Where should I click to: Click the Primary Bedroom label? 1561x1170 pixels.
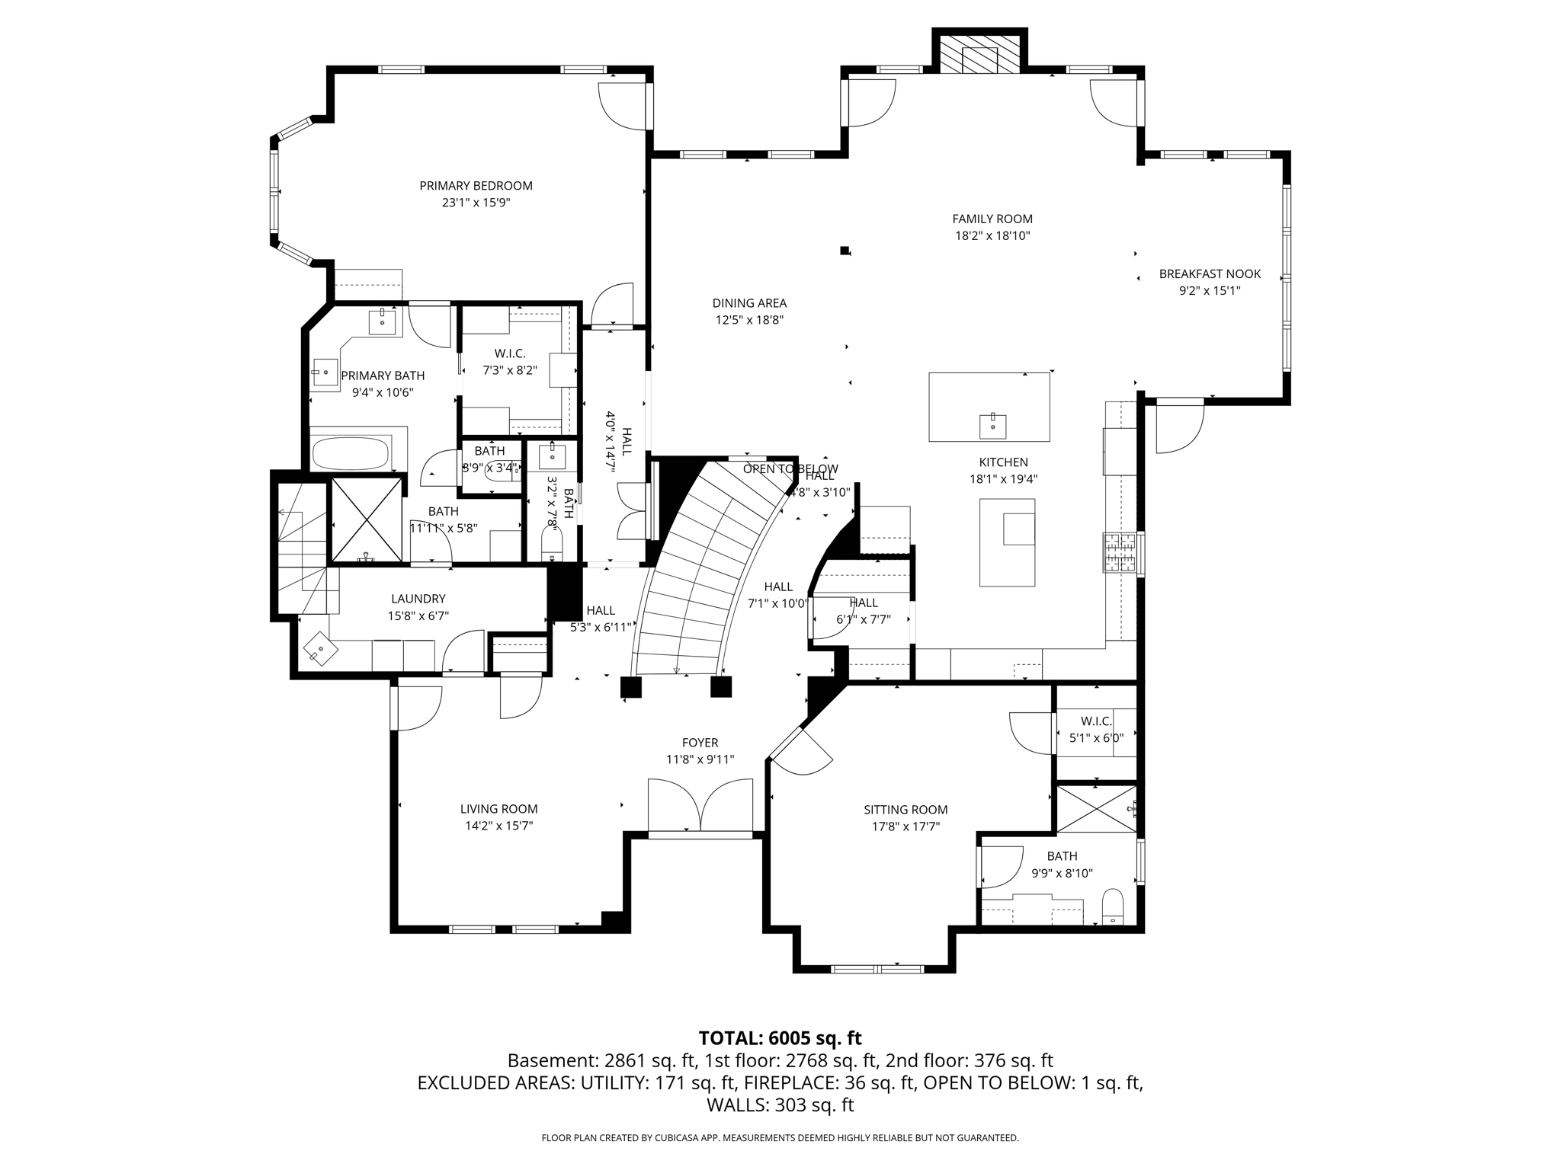pyautogui.click(x=476, y=186)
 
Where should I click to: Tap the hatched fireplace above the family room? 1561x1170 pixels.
pyautogui.click(x=979, y=54)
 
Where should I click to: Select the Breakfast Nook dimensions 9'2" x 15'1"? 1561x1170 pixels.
pyautogui.click(x=1210, y=290)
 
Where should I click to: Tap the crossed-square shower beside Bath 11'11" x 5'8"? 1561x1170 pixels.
pyautogui.click(x=367, y=520)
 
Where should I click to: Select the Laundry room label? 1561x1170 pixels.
pyautogui.click(x=418, y=599)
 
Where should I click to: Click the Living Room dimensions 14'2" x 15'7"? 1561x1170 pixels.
pyautogui.click(x=498, y=826)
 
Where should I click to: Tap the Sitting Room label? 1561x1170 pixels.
pyautogui.click(x=906, y=810)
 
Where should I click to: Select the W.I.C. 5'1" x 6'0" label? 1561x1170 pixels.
pyautogui.click(x=1096, y=721)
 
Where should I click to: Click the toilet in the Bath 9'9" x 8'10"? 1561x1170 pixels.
pyautogui.click(x=1113, y=906)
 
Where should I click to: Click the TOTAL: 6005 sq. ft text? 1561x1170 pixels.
pyautogui.click(x=780, y=1038)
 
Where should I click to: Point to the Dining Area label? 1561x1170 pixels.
pyautogui.click(x=749, y=303)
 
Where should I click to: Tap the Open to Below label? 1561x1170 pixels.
pyautogui.click(x=790, y=468)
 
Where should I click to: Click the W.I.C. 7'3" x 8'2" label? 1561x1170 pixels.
pyautogui.click(x=510, y=354)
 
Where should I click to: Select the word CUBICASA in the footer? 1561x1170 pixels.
pyautogui.click(x=673, y=1138)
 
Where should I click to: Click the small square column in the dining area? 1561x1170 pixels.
pyautogui.click(x=845, y=250)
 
